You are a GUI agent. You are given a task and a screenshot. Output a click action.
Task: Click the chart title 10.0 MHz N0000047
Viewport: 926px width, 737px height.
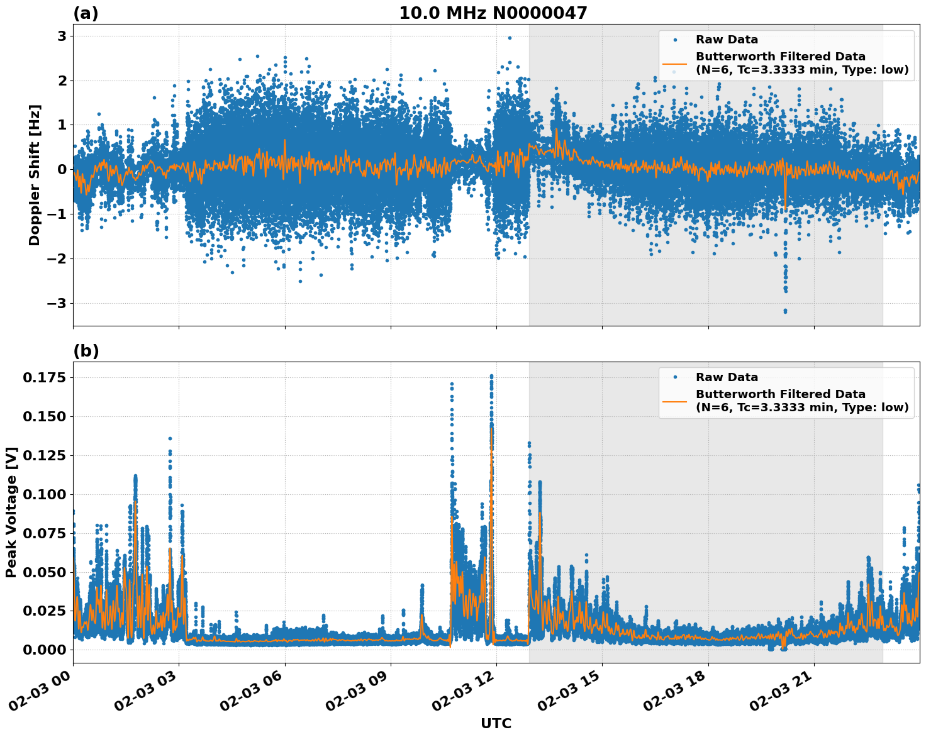click(x=493, y=13)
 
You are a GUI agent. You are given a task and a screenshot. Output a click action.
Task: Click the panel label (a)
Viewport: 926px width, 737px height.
click(x=86, y=13)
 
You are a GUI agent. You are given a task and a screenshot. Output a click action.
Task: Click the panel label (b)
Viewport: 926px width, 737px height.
click(x=86, y=351)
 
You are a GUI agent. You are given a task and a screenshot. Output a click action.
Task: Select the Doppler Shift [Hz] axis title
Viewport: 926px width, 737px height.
click(x=35, y=175)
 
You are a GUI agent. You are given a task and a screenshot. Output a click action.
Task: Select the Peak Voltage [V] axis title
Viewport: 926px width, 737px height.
click(x=11, y=512)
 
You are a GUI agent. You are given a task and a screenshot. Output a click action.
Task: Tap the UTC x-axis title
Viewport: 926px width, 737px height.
click(x=496, y=723)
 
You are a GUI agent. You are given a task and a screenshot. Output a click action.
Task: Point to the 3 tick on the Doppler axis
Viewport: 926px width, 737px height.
click(x=62, y=36)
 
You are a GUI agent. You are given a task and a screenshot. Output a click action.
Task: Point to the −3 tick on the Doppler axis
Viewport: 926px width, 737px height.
click(x=57, y=304)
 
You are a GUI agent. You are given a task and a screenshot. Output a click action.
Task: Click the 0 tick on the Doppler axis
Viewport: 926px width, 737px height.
click(x=62, y=170)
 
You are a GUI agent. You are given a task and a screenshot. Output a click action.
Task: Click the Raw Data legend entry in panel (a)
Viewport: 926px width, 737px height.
click(x=727, y=40)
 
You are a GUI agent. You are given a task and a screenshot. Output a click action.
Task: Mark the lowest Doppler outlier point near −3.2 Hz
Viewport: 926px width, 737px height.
click(x=785, y=311)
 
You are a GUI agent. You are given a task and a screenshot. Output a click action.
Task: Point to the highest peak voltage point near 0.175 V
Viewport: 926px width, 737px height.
click(x=491, y=377)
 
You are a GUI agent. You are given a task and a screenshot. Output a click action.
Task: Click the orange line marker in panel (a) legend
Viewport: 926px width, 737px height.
click(x=675, y=64)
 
